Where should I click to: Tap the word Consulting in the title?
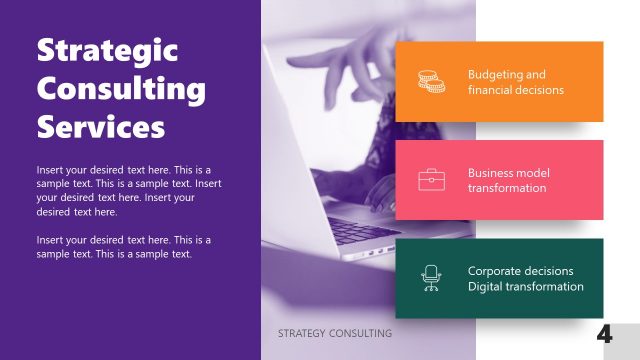120,89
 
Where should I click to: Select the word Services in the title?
100,127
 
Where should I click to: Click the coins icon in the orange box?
431,81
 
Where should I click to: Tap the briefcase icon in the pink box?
431,180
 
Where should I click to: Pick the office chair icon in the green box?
431,278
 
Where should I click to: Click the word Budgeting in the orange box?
494,74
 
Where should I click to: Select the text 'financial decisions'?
516,90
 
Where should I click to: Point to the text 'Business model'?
509,173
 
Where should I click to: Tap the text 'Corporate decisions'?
520,271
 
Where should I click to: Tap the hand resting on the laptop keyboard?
385,190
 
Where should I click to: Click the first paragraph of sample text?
123,190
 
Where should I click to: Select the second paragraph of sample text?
123,247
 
